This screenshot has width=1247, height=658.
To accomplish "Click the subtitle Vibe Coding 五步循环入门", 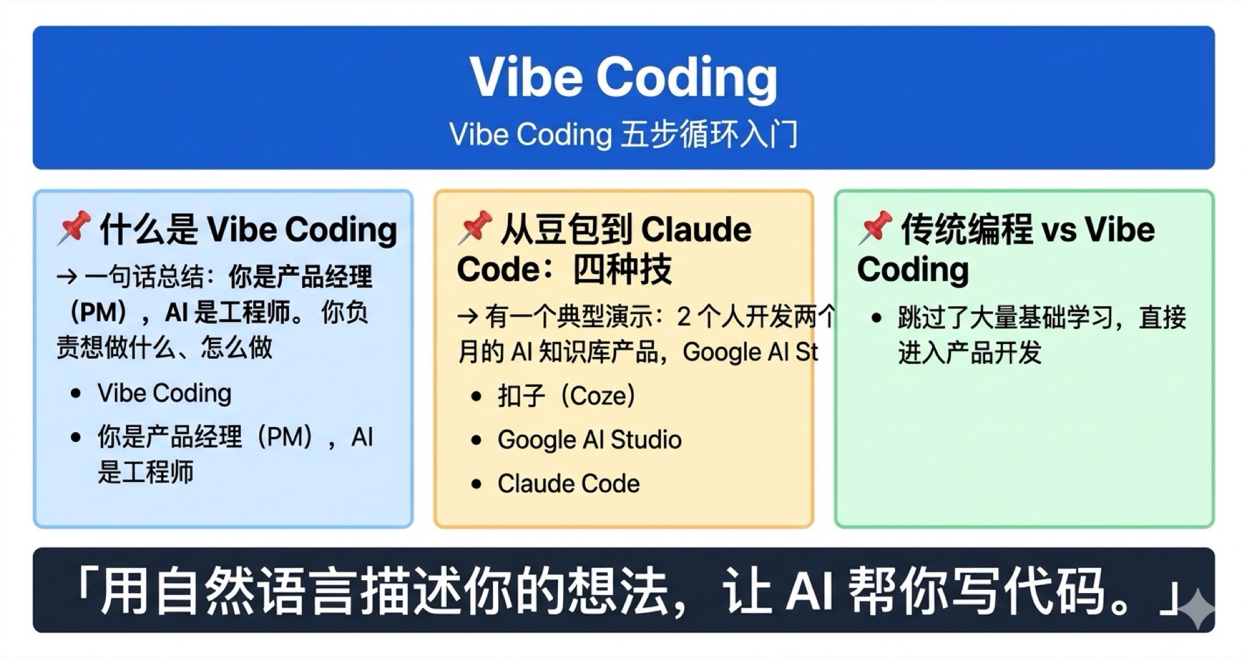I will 623,135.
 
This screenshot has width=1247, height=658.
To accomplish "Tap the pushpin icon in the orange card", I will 474,228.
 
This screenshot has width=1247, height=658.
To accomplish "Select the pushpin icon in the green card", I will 874,228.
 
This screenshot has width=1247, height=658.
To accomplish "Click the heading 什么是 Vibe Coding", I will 248,229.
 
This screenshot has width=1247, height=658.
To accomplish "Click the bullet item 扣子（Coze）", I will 566,396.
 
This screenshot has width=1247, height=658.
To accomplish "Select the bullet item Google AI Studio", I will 589,440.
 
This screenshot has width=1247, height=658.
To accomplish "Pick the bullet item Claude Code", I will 568,483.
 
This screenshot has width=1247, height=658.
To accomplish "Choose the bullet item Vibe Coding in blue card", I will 164,393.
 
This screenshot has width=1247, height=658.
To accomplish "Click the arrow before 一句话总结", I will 67,278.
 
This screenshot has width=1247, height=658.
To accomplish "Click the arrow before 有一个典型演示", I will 468,317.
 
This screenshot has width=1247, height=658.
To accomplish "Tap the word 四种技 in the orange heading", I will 622,269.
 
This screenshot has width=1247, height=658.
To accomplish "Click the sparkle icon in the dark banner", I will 1196,609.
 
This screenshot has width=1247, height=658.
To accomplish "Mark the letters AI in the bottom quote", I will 809,591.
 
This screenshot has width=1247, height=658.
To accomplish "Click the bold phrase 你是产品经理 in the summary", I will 300,278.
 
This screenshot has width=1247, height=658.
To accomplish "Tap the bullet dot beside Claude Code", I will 477,484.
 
